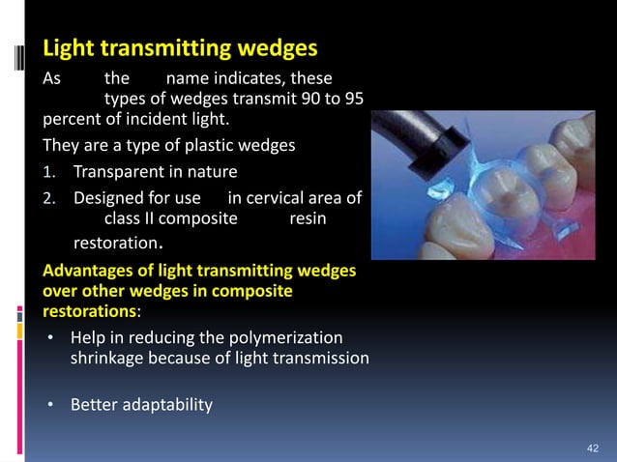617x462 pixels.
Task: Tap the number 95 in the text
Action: coord(350,101)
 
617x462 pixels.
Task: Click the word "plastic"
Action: coord(222,147)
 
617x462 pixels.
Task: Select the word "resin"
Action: coord(308,219)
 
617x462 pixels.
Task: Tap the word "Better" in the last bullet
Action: coord(94,404)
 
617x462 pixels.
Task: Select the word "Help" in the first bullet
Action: coord(87,337)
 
